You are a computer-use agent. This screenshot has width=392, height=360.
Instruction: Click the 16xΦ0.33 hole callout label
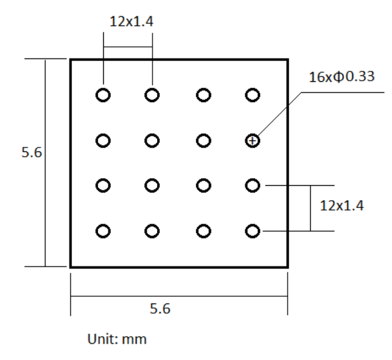pyautogui.click(x=341, y=77)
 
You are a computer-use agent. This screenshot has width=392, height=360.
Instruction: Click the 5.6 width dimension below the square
pyautogui.click(x=160, y=309)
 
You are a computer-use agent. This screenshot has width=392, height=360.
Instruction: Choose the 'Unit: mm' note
pyautogui.click(x=117, y=339)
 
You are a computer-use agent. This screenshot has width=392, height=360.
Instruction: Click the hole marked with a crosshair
pyautogui.click(x=252, y=140)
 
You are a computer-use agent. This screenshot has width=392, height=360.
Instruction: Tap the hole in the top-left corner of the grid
pyautogui.click(x=103, y=95)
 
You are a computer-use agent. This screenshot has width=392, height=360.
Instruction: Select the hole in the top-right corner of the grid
pyautogui.click(x=252, y=95)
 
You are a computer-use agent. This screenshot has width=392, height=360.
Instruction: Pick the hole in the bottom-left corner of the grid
pyautogui.click(x=103, y=231)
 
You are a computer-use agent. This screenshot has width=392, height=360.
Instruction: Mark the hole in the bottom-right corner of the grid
pyautogui.click(x=252, y=231)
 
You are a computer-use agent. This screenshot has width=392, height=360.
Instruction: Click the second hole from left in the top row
pyautogui.click(x=152, y=95)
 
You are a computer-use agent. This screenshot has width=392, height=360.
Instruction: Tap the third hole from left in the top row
pyautogui.click(x=203, y=95)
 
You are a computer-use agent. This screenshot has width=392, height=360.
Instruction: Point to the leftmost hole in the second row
pyautogui.click(x=103, y=140)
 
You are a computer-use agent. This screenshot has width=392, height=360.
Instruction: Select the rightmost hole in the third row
pyautogui.click(x=252, y=186)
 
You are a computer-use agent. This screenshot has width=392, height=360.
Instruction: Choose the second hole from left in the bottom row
pyautogui.click(x=152, y=231)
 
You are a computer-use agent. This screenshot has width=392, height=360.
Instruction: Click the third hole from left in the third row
pyautogui.click(x=203, y=186)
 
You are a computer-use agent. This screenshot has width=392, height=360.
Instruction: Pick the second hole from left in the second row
pyautogui.click(x=152, y=140)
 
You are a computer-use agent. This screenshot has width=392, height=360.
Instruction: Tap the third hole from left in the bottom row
pyautogui.click(x=203, y=231)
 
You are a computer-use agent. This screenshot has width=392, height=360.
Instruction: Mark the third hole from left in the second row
pyautogui.click(x=203, y=140)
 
